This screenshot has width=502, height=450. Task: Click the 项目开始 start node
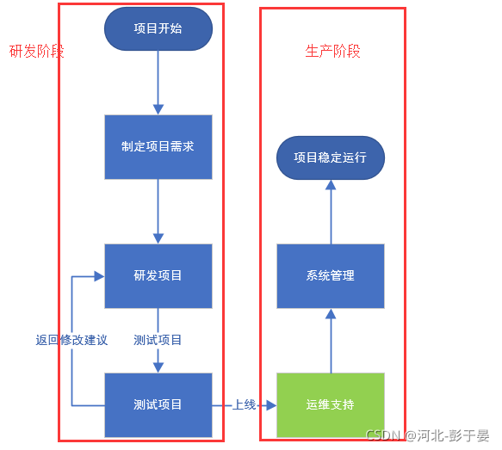click(158, 28)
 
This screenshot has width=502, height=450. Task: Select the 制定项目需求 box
click(158, 146)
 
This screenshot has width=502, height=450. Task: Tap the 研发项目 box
click(158, 275)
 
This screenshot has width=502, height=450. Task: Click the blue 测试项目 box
click(158, 404)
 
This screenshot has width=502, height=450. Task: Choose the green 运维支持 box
click(330, 404)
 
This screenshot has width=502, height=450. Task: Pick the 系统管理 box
click(330, 275)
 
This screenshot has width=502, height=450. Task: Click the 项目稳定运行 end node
click(330, 158)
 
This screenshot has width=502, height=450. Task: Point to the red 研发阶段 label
click(36, 51)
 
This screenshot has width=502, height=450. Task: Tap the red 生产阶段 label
click(332, 51)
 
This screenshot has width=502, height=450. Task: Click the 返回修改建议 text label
click(71, 340)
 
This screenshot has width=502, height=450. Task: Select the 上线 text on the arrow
click(245, 404)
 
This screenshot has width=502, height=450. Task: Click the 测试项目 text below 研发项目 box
click(158, 340)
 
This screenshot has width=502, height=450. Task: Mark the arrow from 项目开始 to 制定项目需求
click(158, 82)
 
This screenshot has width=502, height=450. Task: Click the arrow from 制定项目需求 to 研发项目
click(158, 211)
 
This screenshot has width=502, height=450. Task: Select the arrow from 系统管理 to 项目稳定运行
click(330, 211)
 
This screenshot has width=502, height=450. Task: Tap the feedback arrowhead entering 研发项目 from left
click(99, 276)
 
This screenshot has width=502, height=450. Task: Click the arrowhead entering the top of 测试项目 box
click(158, 367)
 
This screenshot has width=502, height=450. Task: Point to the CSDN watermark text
click(384, 435)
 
